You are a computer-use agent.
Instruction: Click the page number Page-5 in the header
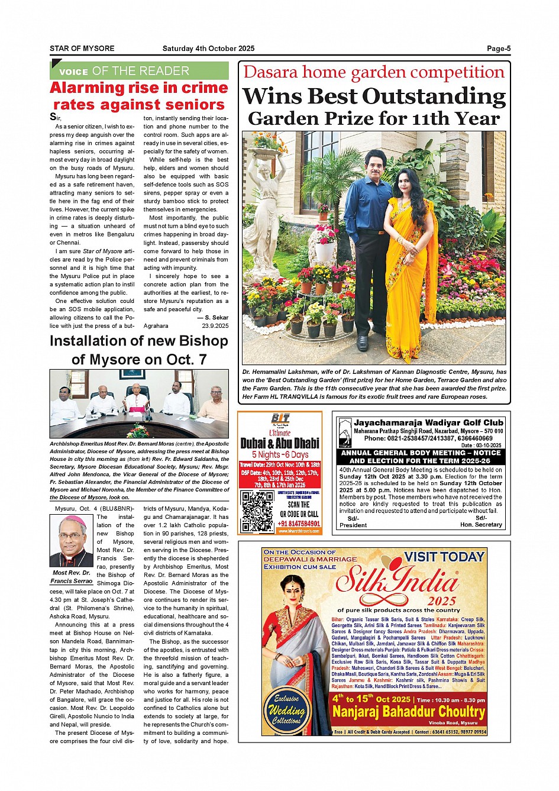point(498,49)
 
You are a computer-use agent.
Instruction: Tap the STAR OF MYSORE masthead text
point(82,49)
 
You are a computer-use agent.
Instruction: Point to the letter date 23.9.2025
point(215,326)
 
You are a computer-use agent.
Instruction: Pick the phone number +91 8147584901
point(299,523)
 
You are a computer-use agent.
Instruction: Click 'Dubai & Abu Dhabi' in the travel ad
point(280,443)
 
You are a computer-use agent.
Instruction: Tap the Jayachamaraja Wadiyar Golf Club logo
point(345,433)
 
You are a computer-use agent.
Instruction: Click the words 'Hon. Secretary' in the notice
point(481,525)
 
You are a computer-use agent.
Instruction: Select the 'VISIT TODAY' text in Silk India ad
point(444,557)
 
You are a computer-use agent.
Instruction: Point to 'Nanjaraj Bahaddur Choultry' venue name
point(408,711)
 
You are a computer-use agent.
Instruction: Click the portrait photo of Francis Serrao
point(71,541)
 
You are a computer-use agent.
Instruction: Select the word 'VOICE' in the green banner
point(73,72)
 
